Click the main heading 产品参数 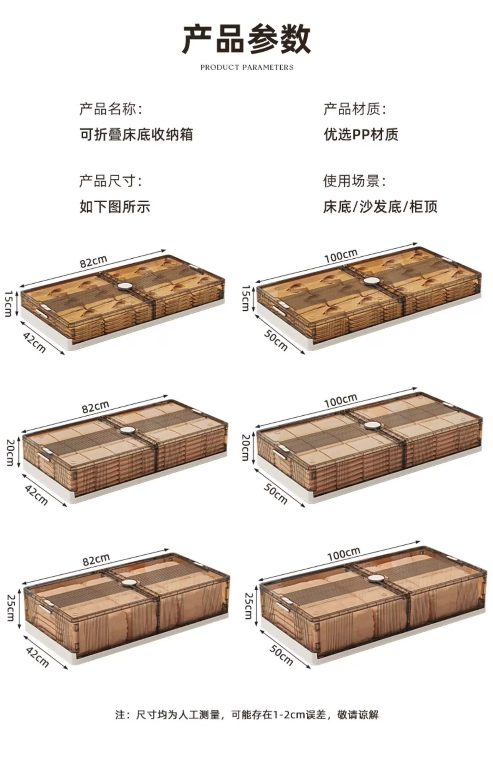pos(246,39)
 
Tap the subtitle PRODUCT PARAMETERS pos(246,68)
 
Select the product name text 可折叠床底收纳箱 pos(136,134)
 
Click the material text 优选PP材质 pos(361,134)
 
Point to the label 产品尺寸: pos(111,181)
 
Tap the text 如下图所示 pos(115,207)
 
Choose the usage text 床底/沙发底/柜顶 pos(380,207)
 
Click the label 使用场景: pos(354,181)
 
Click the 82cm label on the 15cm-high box pos(94,261)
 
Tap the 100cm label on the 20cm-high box pos(341,401)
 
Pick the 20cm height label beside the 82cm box pos(10,452)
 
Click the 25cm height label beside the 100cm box pos(248,606)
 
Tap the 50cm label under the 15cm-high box pos(276,340)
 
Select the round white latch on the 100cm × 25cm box pos(377,579)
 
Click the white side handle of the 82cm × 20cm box pos(44,455)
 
